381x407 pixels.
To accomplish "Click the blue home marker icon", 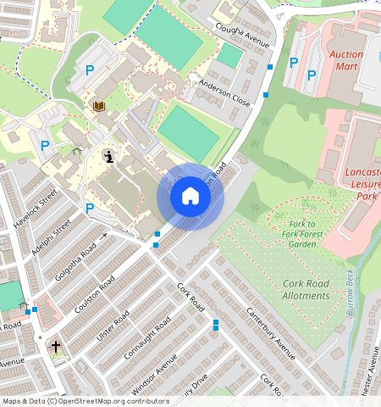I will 190,196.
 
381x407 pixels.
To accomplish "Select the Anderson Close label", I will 225,97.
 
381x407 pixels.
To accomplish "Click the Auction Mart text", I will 345,60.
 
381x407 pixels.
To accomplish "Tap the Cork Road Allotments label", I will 294,289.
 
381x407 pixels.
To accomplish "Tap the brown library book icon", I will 98,106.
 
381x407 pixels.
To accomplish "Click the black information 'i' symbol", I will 108,155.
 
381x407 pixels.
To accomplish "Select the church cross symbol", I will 56,347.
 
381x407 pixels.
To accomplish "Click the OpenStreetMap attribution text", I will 86,401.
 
